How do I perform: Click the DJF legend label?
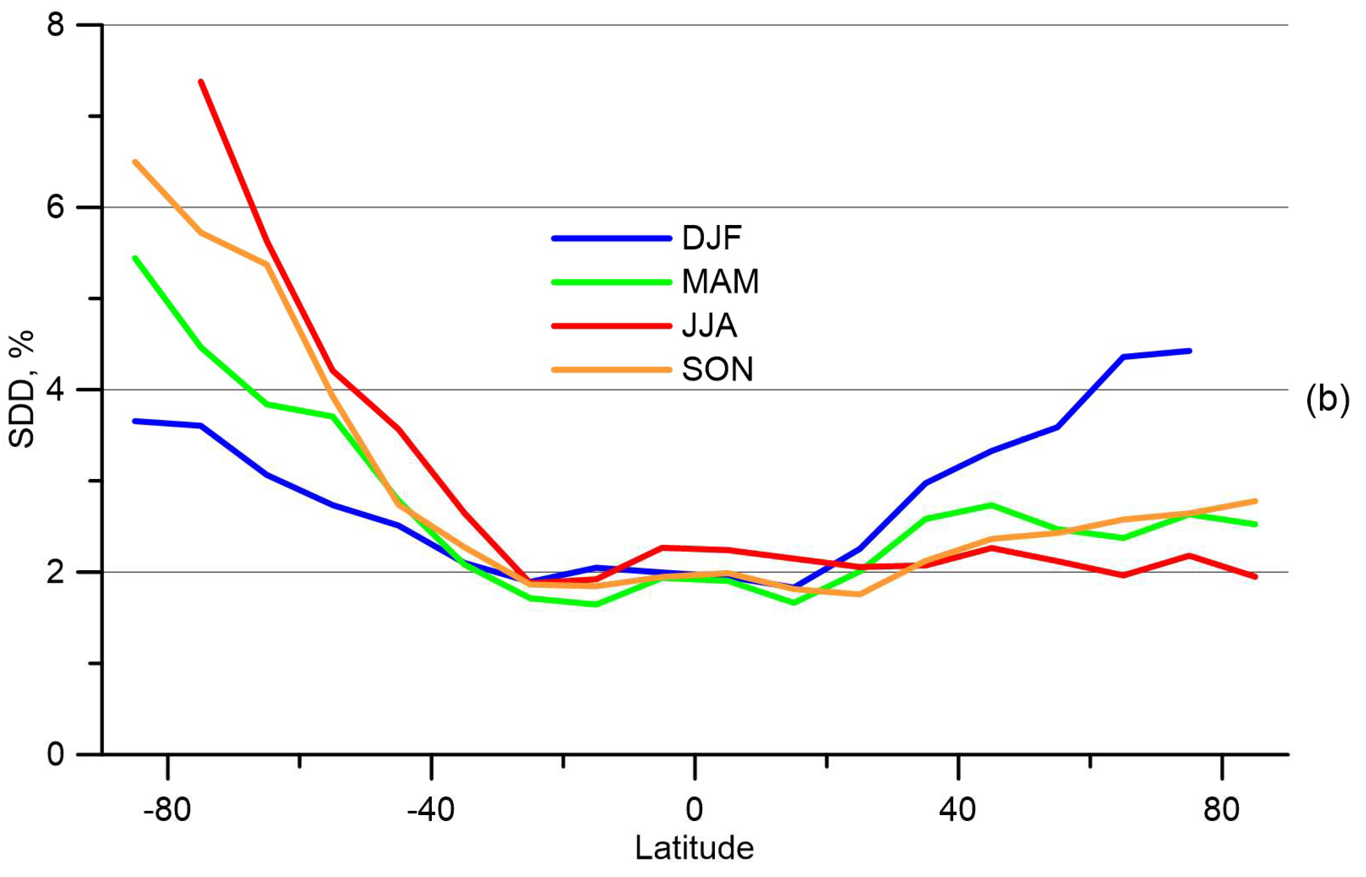711,238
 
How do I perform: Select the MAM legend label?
720,281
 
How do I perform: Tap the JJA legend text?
709,326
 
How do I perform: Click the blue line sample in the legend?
611,238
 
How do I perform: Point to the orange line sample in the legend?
611,370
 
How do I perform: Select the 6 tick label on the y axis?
56,207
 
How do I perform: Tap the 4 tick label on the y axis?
56,390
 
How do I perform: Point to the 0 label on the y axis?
56,755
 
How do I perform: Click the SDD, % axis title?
22,389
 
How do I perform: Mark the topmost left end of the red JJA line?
201,82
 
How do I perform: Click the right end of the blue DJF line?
1190,351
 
